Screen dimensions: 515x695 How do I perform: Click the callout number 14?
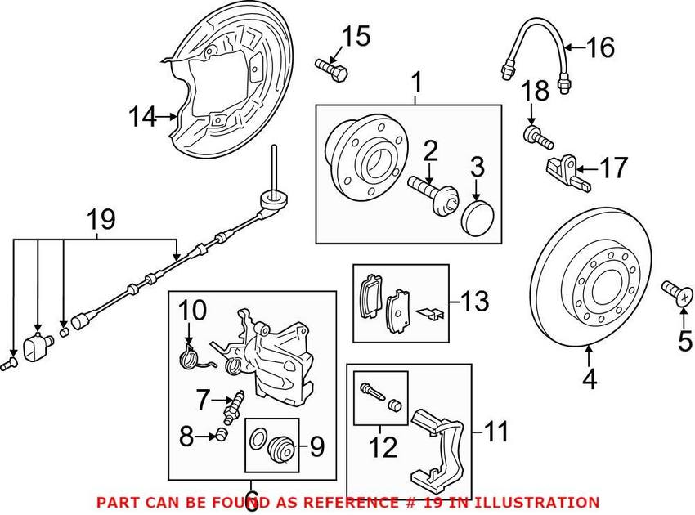[x=142, y=118]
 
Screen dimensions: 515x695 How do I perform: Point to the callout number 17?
[x=614, y=168]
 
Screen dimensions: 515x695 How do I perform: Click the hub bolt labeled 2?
[x=433, y=194]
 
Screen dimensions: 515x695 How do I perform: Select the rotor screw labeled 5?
[x=675, y=292]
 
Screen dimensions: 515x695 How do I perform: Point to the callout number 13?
[x=474, y=302]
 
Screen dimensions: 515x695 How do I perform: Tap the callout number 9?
[x=316, y=446]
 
